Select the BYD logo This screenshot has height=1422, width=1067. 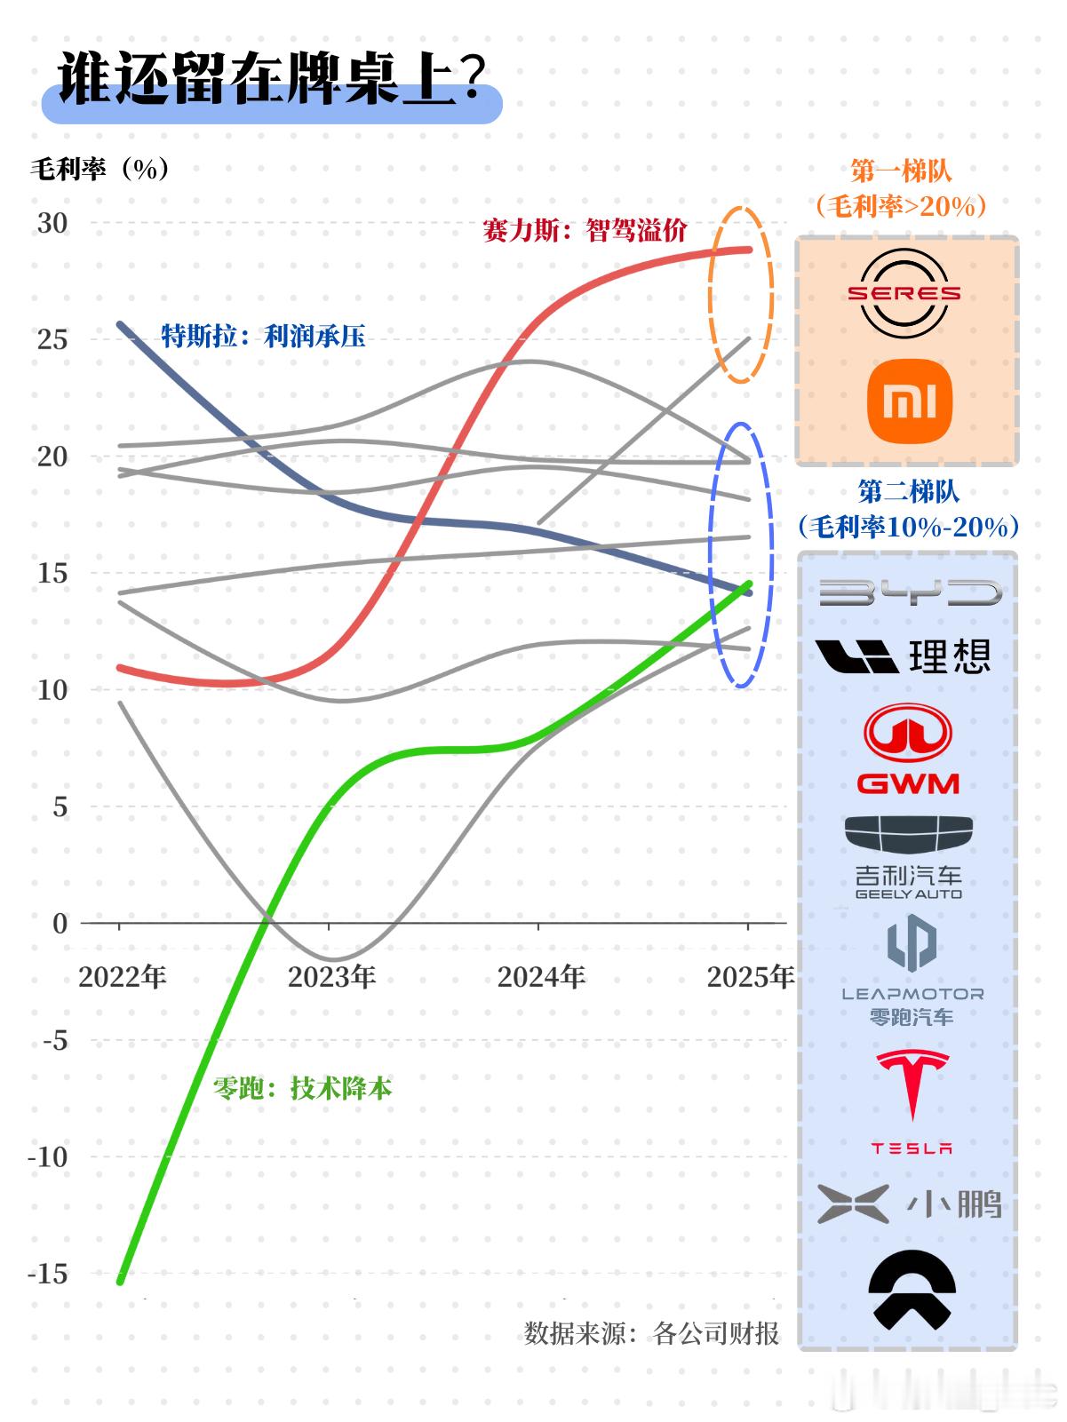pos(909,592)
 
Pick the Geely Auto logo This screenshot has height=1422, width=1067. pos(908,856)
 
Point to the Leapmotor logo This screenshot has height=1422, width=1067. pos(912,970)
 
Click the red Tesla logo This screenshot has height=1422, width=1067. pos(912,1100)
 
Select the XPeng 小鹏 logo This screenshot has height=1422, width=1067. pos(909,1205)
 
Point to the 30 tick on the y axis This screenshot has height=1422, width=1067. pos(52,223)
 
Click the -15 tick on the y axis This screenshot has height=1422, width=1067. pos(47,1274)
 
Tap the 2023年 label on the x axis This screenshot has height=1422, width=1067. pos(331,977)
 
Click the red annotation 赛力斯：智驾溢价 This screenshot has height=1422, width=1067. pos(585,231)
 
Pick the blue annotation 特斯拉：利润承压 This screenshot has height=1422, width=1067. pos(263,336)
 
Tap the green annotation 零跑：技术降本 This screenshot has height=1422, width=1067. pos(302,1088)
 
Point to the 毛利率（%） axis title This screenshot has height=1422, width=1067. pos(100,169)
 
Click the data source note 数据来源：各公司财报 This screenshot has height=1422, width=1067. pos(651,1332)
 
